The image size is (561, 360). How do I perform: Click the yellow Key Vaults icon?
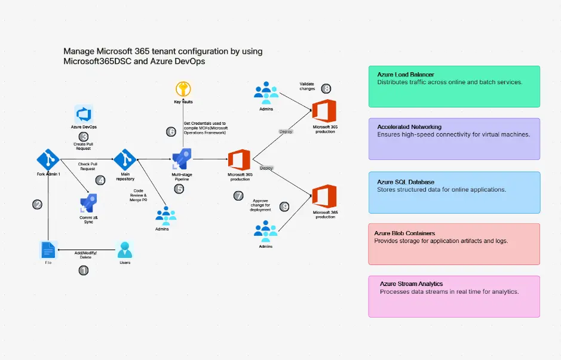tap(182, 90)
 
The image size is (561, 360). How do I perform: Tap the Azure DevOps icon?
tap(84, 114)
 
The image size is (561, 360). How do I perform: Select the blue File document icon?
tap(48, 250)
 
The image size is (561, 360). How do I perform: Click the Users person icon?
tap(125, 250)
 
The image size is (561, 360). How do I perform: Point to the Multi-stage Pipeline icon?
tap(181, 159)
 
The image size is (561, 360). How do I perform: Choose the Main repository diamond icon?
tap(125, 159)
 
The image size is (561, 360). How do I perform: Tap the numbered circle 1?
tap(84, 270)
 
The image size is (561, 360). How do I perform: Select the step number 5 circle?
tap(179, 189)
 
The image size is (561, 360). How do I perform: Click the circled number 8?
tap(326, 88)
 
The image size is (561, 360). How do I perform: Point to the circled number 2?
tap(37, 204)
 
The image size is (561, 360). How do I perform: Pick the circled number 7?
tap(238, 195)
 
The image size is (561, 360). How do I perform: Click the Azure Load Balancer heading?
tap(406, 75)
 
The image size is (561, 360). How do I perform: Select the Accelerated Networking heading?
tap(409, 127)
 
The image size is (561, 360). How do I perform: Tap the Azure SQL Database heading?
tap(406, 182)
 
